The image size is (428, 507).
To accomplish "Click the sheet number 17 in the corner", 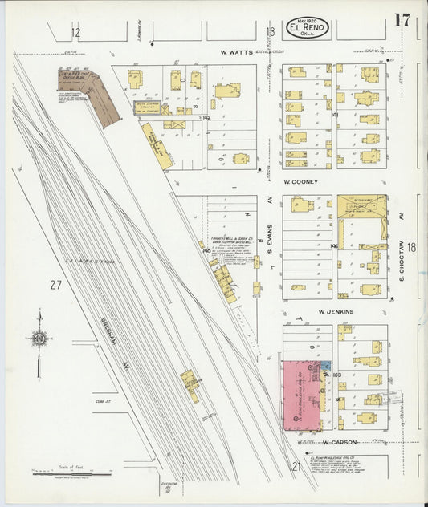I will (402, 20).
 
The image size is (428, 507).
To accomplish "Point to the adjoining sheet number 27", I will (55, 285).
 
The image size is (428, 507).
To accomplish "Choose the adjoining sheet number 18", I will (411, 248).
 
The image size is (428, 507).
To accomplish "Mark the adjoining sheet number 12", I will (75, 33).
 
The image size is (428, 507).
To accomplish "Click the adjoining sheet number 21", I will (296, 466).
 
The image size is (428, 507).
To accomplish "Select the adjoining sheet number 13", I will (271, 32).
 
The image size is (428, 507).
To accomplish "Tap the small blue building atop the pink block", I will (324, 366).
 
